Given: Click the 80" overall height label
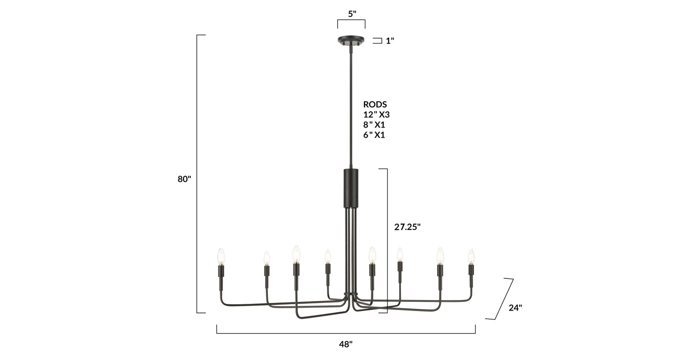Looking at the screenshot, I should [x=184, y=179].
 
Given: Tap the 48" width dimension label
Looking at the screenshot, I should [x=345, y=344].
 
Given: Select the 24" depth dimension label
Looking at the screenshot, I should [x=515, y=308].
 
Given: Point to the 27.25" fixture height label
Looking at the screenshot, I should [x=407, y=227].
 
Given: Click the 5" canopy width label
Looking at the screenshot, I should [x=352, y=14].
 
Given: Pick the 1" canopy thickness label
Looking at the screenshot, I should [x=390, y=41].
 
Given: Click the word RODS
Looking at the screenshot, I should [x=375, y=104].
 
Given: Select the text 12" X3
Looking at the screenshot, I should [x=376, y=114].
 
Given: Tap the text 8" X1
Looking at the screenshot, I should [x=374, y=125].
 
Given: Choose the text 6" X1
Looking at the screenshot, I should [x=374, y=135].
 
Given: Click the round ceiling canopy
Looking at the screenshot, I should [x=351, y=40].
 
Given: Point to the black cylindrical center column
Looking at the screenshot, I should [x=351, y=188].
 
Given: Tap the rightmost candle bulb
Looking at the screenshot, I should [x=471, y=256].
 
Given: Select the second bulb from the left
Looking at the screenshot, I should [x=267, y=258].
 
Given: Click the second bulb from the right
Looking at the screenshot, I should [x=440, y=255].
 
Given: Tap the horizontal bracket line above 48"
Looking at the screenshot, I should [x=346, y=333].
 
